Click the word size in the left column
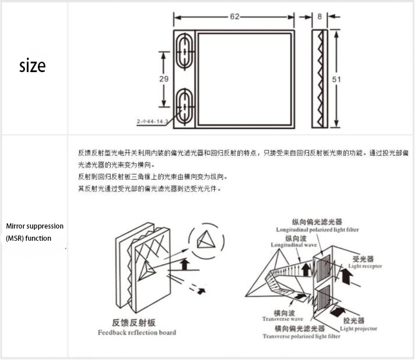pyautogui.click(x=32, y=66)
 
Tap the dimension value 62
pyautogui.click(x=235, y=17)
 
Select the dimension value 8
pyautogui.click(x=320, y=17)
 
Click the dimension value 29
pyautogui.click(x=164, y=79)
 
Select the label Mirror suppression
pyautogui.click(x=35, y=226)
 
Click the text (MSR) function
pyautogui.click(x=29, y=238)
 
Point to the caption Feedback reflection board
pyautogui.click(x=137, y=333)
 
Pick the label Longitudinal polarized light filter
pyautogui.click(x=317, y=230)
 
